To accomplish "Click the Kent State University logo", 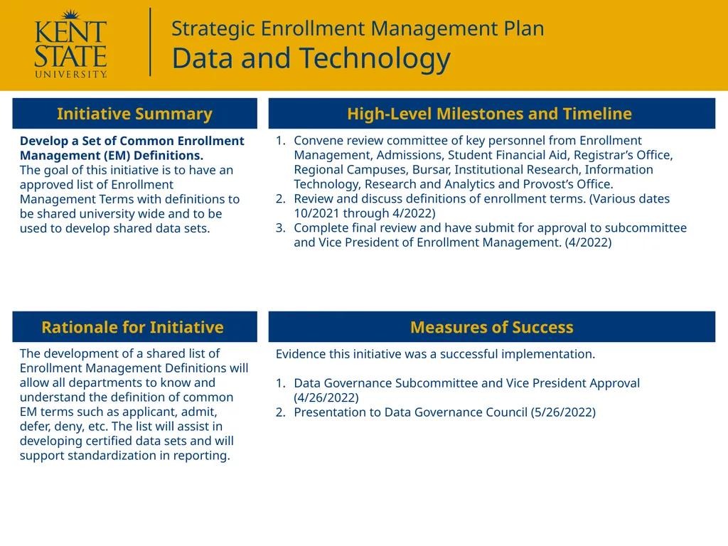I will pyautogui.click(x=70, y=44).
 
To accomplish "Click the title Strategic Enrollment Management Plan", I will pyautogui.click(x=358, y=28).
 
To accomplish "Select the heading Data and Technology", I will pyautogui.click(x=311, y=58).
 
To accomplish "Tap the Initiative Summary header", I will pyautogui.click(x=134, y=114).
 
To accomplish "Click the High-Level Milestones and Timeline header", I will pyautogui.click(x=489, y=114).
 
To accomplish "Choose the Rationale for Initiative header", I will pyautogui.click(x=132, y=327).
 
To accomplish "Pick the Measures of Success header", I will pyautogui.click(x=491, y=327).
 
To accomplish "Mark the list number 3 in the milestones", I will pyautogui.click(x=280, y=228).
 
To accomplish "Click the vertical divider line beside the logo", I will pyautogui.click(x=151, y=41).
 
